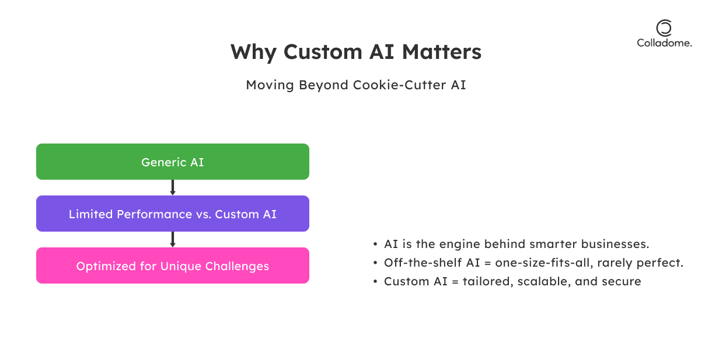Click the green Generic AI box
click(x=173, y=162)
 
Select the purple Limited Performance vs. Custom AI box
click(x=173, y=214)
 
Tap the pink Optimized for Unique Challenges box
click(x=173, y=265)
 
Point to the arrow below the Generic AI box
click(x=173, y=187)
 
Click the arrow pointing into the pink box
click(x=173, y=240)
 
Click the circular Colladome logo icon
click(x=664, y=28)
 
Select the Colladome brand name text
click(x=664, y=43)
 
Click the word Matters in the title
click(x=442, y=52)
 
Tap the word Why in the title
click(x=254, y=53)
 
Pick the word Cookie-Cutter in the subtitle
click(x=399, y=85)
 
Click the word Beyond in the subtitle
click(x=323, y=85)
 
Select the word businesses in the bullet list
click(x=615, y=244)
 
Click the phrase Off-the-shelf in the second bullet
click(x=423, y=263)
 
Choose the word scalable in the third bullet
click(x=544, y=281)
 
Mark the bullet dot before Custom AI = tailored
click(x=375, y=281)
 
